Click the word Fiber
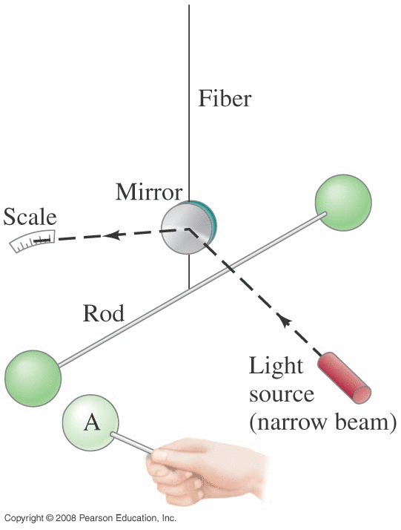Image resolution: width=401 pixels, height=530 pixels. pos(225,99)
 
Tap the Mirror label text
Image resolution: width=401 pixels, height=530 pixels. pos(149,192)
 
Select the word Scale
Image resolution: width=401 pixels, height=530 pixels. pos(30,217)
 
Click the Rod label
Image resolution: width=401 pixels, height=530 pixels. pos(104,313)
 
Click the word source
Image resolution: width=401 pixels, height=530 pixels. pos(282,394)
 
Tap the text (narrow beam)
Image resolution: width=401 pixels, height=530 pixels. pos(322,422)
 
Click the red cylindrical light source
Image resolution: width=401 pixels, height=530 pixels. pos(345,378)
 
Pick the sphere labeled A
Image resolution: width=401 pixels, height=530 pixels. pos(90,422)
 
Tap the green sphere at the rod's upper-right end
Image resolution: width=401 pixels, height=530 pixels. pos(343,203)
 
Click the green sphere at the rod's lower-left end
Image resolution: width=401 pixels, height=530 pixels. pos(33,379)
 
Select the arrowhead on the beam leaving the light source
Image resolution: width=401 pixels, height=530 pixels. pos(284,320)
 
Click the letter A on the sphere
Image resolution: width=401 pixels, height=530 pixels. pos(92,422)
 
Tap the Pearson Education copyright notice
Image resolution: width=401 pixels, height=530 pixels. pos(90,518)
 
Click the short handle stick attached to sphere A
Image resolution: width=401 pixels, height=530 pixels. pos(132,443)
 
